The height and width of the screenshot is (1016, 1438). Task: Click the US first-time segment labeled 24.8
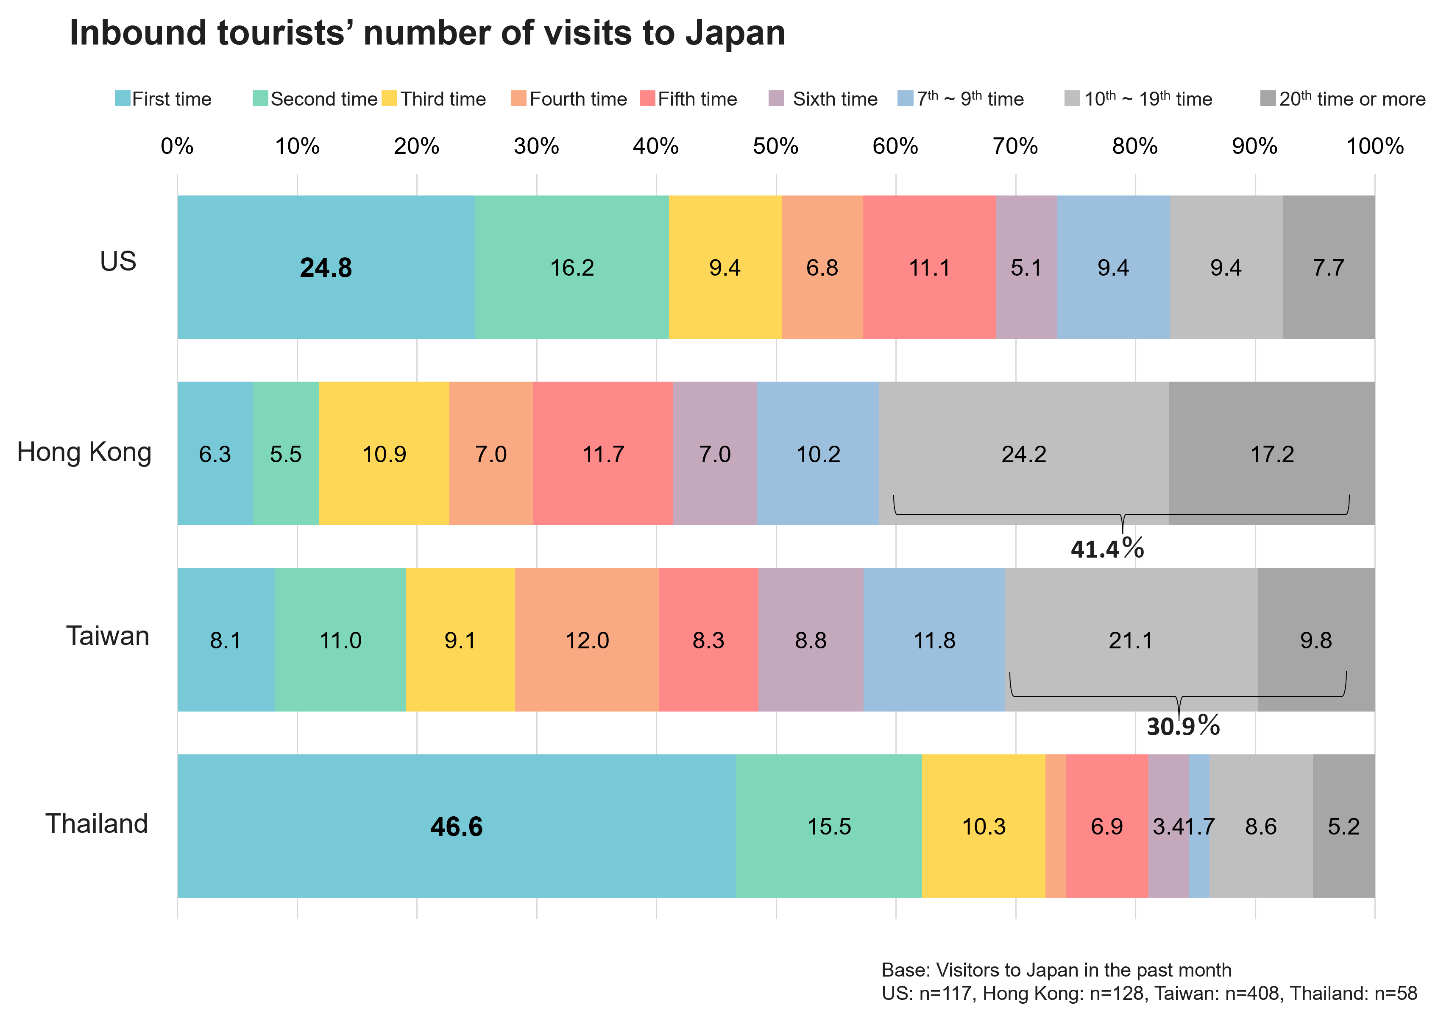[x=326, y=268]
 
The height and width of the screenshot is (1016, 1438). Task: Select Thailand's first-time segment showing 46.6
[x=456, y=826]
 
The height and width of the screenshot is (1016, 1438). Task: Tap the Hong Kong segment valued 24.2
[x=1023, y=453]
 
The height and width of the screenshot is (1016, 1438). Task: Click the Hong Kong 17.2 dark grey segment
[x=1271, y=453]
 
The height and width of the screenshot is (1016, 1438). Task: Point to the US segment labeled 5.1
[x=1026, y=268]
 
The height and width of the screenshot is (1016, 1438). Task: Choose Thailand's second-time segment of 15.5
[x=829, y=826]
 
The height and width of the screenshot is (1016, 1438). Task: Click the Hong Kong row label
[x=84, y=452]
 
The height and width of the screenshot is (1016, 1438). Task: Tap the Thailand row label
[x=97, y=823]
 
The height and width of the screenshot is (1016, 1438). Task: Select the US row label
[x=118, y=261]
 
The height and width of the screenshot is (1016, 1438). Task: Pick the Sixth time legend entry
[x=835, y=98]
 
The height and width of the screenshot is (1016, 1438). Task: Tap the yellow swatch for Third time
[x=390, y=98]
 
